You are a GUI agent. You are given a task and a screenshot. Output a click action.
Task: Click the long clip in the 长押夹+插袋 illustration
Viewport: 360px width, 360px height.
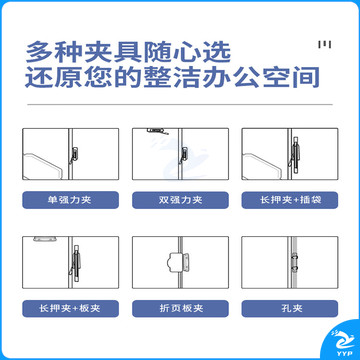pos(297,152)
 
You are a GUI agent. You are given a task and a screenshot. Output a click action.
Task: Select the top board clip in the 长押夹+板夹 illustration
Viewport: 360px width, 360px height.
pos(44,241)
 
